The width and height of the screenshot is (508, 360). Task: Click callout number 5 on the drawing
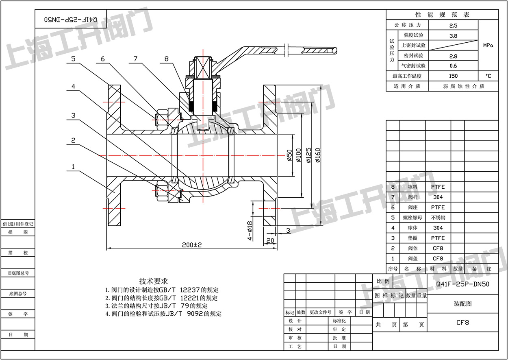73,59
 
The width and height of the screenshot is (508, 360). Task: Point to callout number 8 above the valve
166,59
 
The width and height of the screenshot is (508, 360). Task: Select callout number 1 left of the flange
73,166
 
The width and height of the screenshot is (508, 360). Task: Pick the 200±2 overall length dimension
192,245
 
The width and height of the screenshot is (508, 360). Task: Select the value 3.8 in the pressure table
453,35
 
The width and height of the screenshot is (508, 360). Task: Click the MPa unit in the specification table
488,46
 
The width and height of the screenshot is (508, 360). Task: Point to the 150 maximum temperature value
453,76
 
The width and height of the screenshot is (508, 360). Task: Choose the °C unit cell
488,76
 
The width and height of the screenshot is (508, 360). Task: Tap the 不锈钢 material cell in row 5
438,218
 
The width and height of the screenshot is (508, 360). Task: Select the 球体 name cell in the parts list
412,228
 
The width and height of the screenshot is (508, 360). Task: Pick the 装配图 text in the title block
462,303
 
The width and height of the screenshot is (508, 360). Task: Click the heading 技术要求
153,281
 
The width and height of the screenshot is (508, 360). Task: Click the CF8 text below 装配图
462,323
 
